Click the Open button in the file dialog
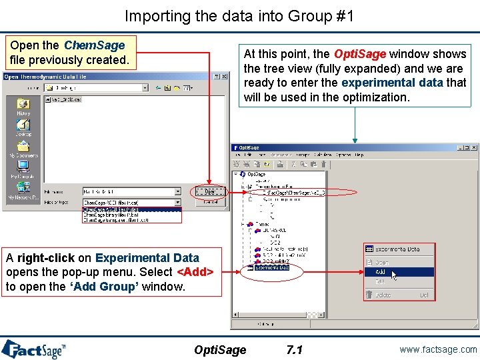[x=209, y=191]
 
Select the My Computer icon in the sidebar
[x=23, y=167]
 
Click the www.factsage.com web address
[x=439, y=349]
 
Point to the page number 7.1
[x=294, y=350]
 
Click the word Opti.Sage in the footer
[x=220, y=350]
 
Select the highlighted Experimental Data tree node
[x=271, y=267]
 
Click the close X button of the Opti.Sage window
[x=474, y=147]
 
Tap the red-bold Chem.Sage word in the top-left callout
[x=94, y=45]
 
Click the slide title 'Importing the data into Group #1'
[x=239, y=15]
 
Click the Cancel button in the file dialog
[x=209, y=201]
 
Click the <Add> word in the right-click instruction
[x=195, y=272]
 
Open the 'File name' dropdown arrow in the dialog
[x=177, y=191]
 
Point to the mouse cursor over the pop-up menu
[x=395, y=275]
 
